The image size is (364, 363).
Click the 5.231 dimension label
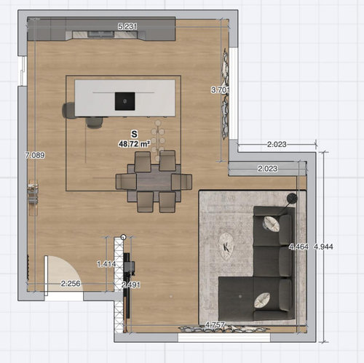(x=127, y=26)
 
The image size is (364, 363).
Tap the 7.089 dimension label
(x=35, y=155)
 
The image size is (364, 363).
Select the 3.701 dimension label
(x=220, y=90)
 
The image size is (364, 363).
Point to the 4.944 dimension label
(x=323, y=247)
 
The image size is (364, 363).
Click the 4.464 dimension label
(x=298, y=247)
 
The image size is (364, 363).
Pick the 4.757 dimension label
(x=215, y=324)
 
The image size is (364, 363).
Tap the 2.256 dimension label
(x=71, y=284)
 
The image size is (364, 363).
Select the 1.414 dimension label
(x=106, y=264)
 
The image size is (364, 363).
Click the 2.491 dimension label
(x=131, y=284)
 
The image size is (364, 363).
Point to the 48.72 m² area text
(x=134, y=144)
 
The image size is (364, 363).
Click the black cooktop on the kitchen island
(x=124, y=101)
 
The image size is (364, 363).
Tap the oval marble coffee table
(x=226, y=247)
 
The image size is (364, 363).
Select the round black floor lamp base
(x=292, y=199)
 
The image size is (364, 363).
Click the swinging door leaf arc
(x=73, y=269)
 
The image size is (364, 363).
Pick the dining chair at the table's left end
(x=126, y=181)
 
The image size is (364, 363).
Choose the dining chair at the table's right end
(x=182, y=181)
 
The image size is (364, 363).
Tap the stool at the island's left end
(x=68, y=111)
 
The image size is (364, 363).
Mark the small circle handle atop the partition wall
(x=123, y=237)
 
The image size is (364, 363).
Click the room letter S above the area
(x=134, y=134)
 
